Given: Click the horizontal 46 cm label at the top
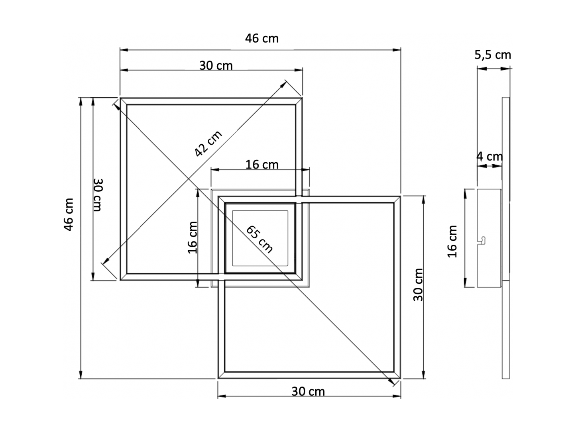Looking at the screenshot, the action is click(261, 39).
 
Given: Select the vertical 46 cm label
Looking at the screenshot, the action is click(69, 214).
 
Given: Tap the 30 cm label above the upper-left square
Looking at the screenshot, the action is click(216, 66).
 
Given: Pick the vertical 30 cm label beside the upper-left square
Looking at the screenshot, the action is click(98, 195).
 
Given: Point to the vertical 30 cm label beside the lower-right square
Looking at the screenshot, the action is click(418, 285).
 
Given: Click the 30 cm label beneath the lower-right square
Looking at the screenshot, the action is click(308, 392).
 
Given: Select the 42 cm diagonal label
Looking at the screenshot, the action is click(208, 143).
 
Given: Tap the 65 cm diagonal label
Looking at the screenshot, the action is click(259, 239).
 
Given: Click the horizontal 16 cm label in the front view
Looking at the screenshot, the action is click(262, 165).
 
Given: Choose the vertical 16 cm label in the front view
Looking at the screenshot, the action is click(193, 238).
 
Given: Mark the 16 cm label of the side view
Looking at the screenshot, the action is click(452, 242).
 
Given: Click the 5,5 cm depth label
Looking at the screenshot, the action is click(493, 55).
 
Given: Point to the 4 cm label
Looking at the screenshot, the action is click(490, 157).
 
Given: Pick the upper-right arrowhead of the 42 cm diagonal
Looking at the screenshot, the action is click(283, 84).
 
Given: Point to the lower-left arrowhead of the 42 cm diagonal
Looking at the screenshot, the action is click(105, 261).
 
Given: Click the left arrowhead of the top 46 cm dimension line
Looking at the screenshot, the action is click(124, 49).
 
